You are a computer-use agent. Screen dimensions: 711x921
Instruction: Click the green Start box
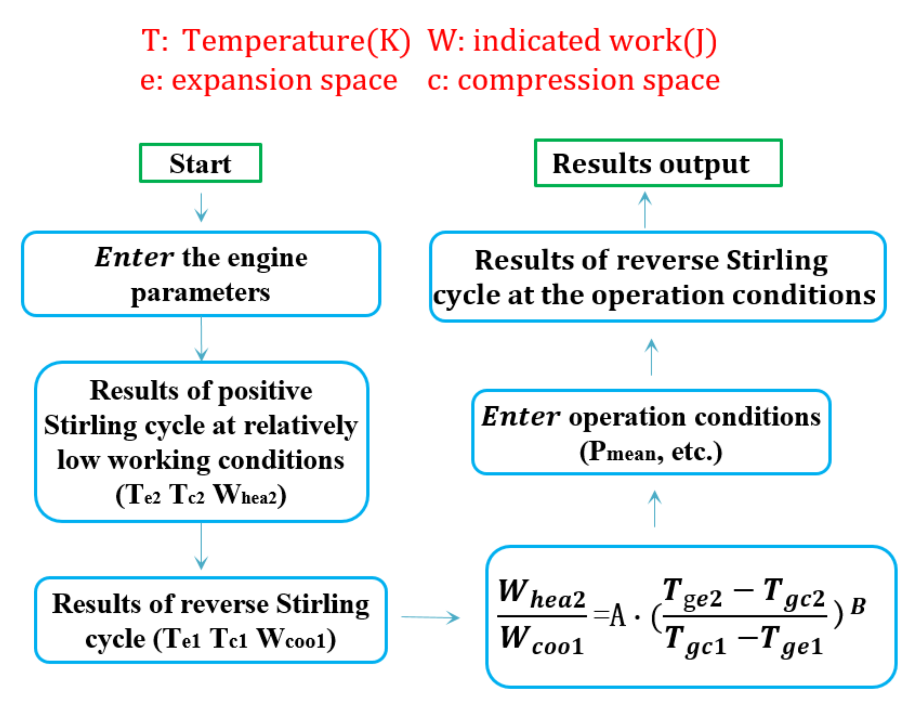(x=200, y=163)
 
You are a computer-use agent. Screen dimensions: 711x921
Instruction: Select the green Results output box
(x=657, y=163)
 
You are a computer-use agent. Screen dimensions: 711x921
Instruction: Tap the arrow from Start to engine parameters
(x=201, y=207)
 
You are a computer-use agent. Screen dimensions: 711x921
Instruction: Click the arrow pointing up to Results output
(x=645, y=210)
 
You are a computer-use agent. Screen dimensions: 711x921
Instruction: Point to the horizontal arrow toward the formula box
(x=430, y=617)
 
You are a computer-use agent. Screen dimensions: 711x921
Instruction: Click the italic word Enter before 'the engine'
(x=134, y=257)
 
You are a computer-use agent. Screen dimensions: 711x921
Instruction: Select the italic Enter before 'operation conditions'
(x=521, y=416)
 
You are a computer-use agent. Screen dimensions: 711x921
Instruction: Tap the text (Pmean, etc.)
(x=651, y=452)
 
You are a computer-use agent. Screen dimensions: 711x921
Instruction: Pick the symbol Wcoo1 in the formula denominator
(x=542, y=641)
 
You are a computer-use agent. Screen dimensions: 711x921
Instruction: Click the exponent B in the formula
(x=858, y=606)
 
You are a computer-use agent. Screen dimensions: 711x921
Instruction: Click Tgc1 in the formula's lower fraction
(x=695, y=642)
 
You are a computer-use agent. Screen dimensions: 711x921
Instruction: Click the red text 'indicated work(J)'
(x=595, y=41)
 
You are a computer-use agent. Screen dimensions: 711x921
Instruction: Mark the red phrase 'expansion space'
(x=284, y=80)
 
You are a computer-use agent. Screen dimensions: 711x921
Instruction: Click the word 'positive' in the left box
(x=265, y=391)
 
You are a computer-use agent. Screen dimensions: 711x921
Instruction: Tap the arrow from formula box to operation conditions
(x=655, y=509)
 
